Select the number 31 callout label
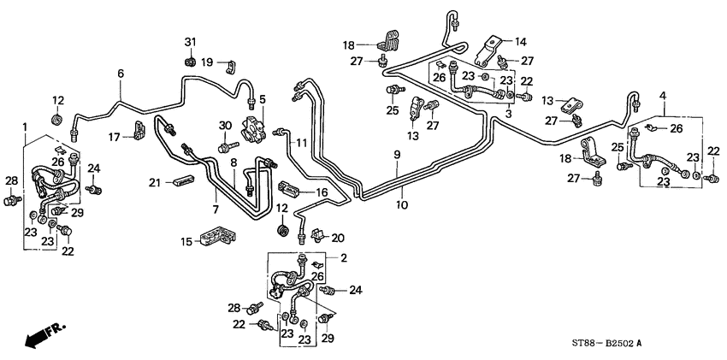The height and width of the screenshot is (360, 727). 190,44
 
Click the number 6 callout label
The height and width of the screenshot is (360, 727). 121,74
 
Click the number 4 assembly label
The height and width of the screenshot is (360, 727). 662,96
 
